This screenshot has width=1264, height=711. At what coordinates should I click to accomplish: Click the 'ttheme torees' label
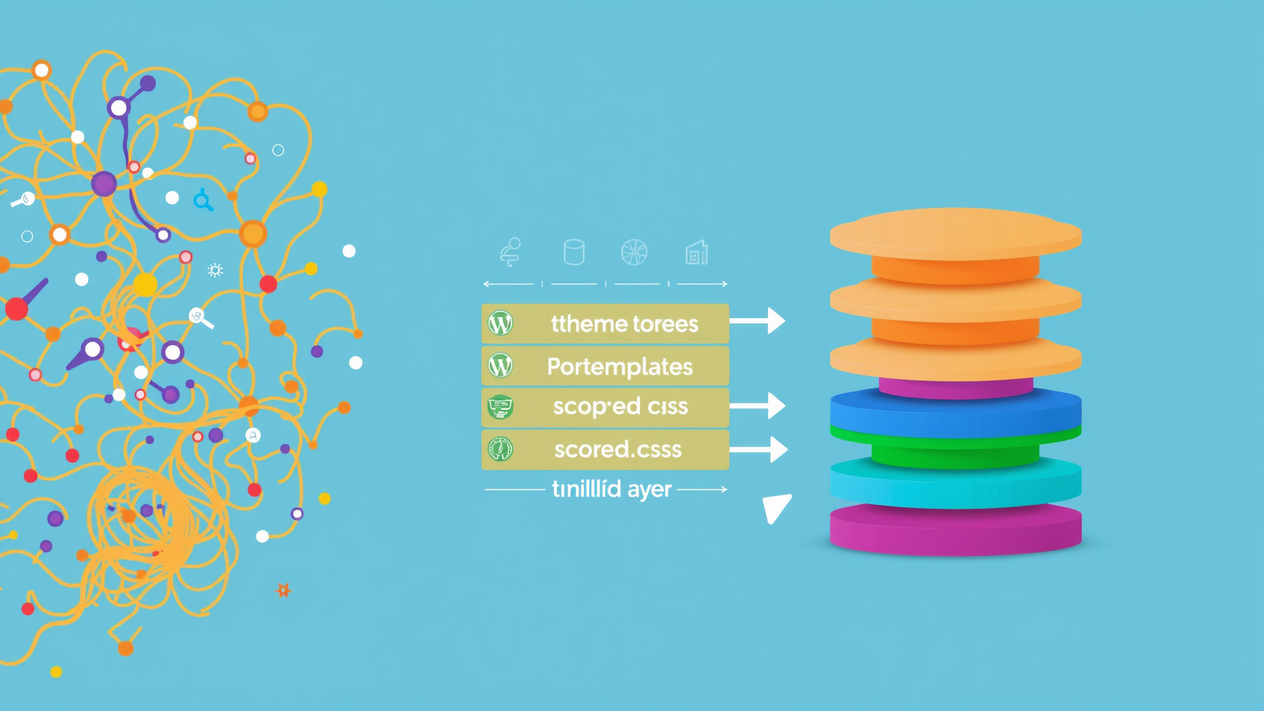(x=624, y=324)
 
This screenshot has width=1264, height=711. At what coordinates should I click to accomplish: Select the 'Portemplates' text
(x=619, y=367)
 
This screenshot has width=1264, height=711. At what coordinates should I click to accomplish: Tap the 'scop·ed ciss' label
(x=620, y=407)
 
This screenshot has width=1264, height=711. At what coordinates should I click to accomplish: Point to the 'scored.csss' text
(x=618, y=450)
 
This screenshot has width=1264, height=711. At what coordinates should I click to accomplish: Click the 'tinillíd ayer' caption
(x=612, y=489)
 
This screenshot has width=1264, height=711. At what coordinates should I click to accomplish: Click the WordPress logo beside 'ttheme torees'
(x=500, y=324)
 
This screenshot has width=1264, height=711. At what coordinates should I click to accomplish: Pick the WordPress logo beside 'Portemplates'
(x=500, y=366)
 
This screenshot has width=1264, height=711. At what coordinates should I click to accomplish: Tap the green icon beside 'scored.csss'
(x=500, y=450)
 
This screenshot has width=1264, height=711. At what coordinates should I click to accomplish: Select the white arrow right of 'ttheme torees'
(x=758, y=321)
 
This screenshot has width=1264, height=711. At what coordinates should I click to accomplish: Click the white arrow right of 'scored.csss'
(x=759, y=450)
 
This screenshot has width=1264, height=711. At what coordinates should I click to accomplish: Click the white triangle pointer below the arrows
(x=776, y=508)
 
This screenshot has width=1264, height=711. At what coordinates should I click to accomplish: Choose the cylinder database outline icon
(x=574, y=252)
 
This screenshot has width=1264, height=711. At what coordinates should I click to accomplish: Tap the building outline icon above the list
(x=697, y=253)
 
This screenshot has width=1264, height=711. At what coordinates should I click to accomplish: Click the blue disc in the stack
(x=955, y=411)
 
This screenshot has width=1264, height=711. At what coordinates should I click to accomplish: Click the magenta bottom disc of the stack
(x=955, y=531)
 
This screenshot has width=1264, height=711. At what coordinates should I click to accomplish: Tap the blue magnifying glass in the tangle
(x=203, y=199)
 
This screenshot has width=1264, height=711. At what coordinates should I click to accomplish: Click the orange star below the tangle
(x=283, y=590)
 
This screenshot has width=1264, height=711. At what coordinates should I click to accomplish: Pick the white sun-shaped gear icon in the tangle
(x=215, y=270)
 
